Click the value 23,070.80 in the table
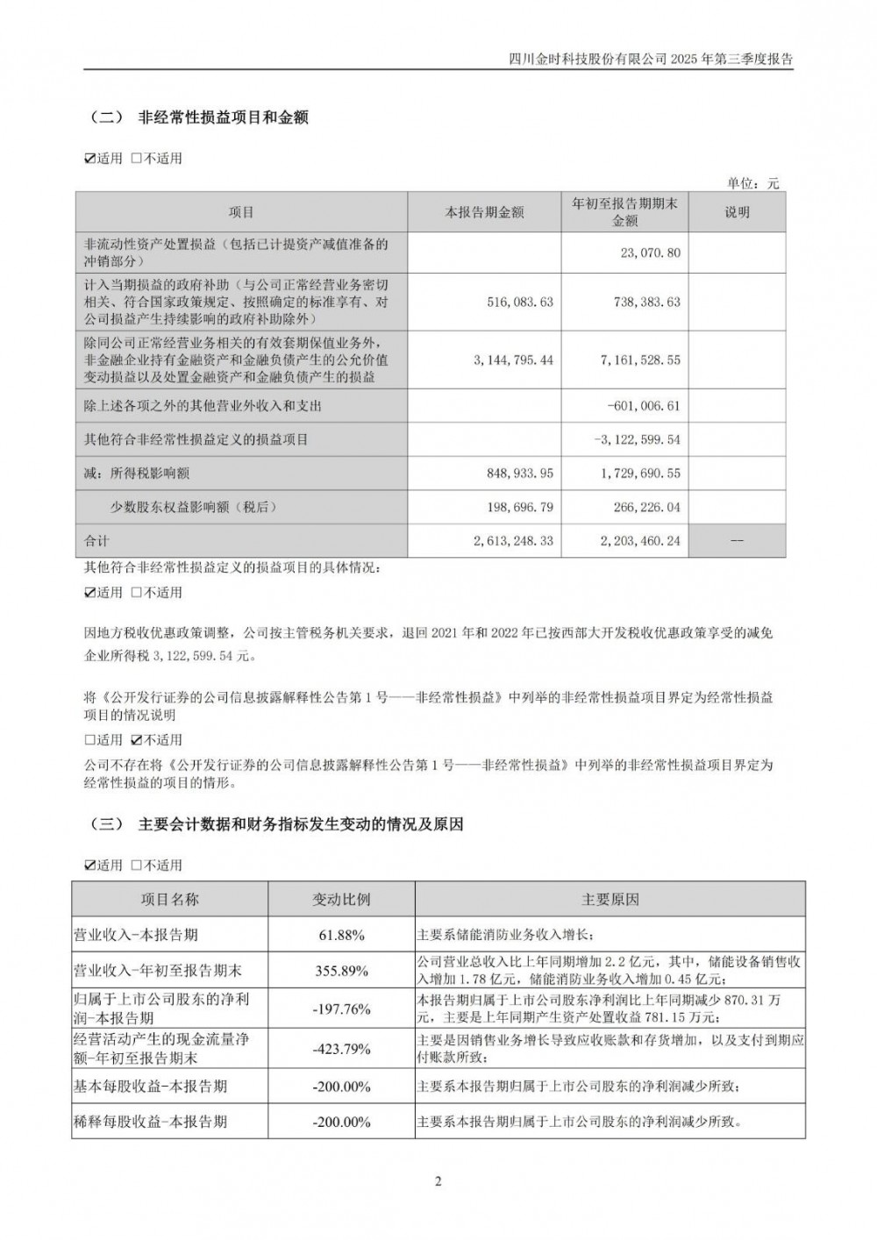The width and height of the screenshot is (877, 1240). tap(650, 253)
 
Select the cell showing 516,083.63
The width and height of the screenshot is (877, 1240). tap(520, 301)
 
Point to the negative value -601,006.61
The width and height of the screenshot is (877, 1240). tap(643, 406)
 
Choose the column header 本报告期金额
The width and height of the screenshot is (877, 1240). tap(484, 212)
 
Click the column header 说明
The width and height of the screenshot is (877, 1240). tap(738, 212)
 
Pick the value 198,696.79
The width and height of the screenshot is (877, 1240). tap(520, 507)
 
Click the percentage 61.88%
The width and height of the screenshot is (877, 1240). tap(341, 935)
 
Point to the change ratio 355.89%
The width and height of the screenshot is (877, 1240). tap(341, 971)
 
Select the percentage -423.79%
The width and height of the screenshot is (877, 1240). tap(341, 1049)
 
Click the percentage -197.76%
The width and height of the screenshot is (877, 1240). tap(341, 1008)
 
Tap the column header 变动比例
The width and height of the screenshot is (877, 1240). tap(341, 900)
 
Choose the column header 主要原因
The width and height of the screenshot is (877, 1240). tap(610, 900)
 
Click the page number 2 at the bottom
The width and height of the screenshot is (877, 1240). tap(438, 1180)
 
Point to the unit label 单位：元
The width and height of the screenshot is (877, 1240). tap(752, 183)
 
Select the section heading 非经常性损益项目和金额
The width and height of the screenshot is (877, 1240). tap(223, 117)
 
